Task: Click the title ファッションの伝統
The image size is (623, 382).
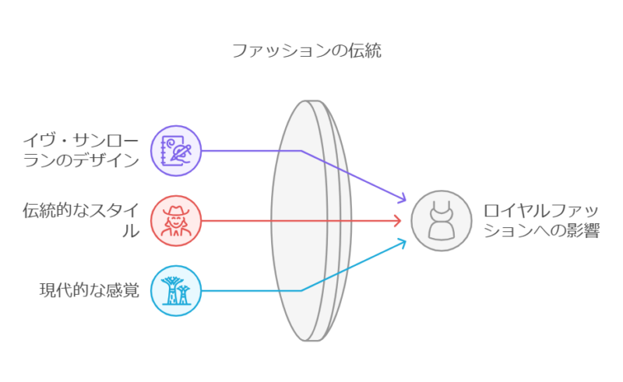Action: coord(306,51)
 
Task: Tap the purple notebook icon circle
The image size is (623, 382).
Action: coord(176,151)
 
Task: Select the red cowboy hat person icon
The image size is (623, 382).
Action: coord(176,221)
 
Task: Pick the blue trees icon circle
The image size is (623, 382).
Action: coord(176,291)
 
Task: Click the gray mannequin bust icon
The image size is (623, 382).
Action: coord(442,221)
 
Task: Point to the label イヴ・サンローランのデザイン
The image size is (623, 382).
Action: coord(81,150)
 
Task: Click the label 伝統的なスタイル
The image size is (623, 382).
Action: coord(81,220)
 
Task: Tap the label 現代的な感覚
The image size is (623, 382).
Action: coord(90,290)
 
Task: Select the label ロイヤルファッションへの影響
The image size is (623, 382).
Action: coord(541,220)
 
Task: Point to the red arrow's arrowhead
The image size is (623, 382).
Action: coord(397,221)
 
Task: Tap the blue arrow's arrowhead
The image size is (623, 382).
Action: coord(402,243)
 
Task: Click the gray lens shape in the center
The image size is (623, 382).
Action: coord(311,221)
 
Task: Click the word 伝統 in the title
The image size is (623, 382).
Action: coord(365,51)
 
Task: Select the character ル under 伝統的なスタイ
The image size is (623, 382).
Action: coord(131,230)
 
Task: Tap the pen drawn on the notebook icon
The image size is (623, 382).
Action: coord(181,152)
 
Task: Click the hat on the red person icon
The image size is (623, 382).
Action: coord(176,211)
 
